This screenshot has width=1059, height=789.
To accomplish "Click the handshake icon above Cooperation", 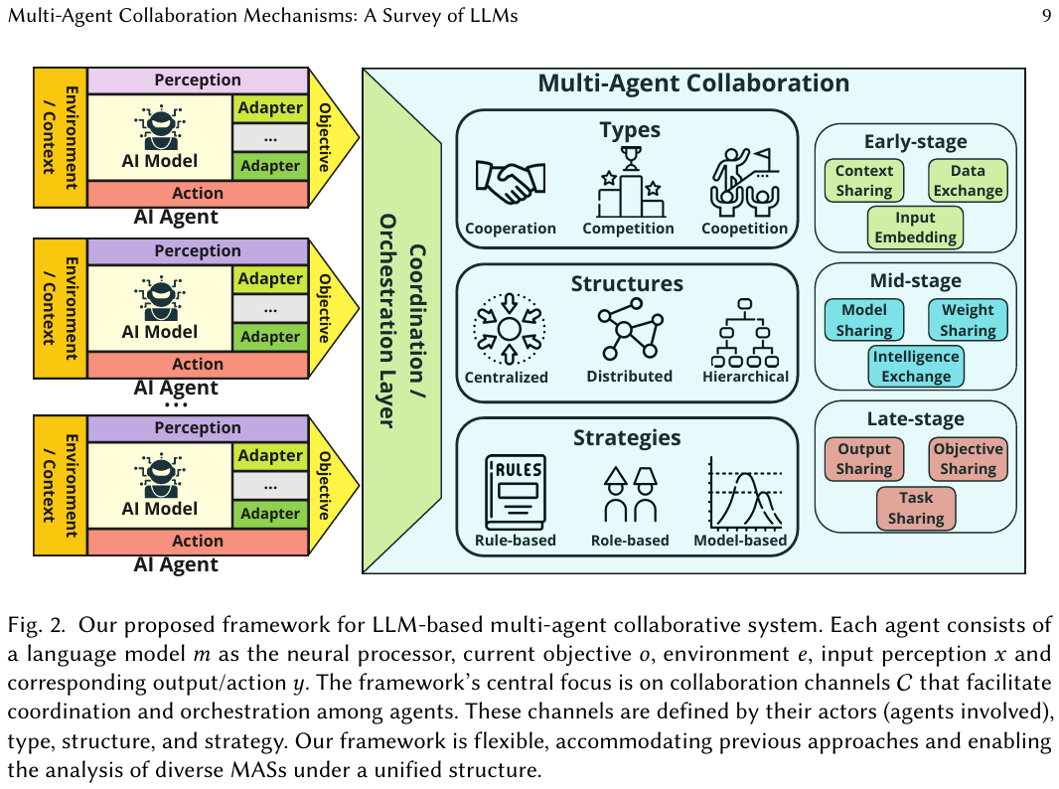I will pos(511,182).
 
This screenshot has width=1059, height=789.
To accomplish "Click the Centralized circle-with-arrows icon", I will pos(508,326).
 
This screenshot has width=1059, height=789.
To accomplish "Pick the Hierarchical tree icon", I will pos(745,333).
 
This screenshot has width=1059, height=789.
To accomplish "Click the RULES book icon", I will pos(516,492).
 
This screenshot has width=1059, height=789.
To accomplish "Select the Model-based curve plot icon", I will pos(745,493).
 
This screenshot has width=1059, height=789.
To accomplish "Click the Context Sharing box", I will pos(864,180).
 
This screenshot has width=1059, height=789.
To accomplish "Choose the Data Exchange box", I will pos(967,181).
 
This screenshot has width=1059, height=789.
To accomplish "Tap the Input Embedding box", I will pos(915,227).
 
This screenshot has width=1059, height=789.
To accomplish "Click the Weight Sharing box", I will pos(967,320).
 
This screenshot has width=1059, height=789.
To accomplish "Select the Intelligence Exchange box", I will pos(915,366).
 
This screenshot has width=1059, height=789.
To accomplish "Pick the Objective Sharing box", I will pos(967,458).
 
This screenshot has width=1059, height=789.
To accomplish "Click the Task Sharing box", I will pos(915,507).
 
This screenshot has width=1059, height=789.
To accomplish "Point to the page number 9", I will pos(1046,16).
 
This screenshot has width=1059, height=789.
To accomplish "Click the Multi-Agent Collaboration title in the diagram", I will pos(693,83).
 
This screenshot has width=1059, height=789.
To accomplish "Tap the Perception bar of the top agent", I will pos(198,79).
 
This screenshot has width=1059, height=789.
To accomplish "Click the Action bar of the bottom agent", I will pos(198,541).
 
